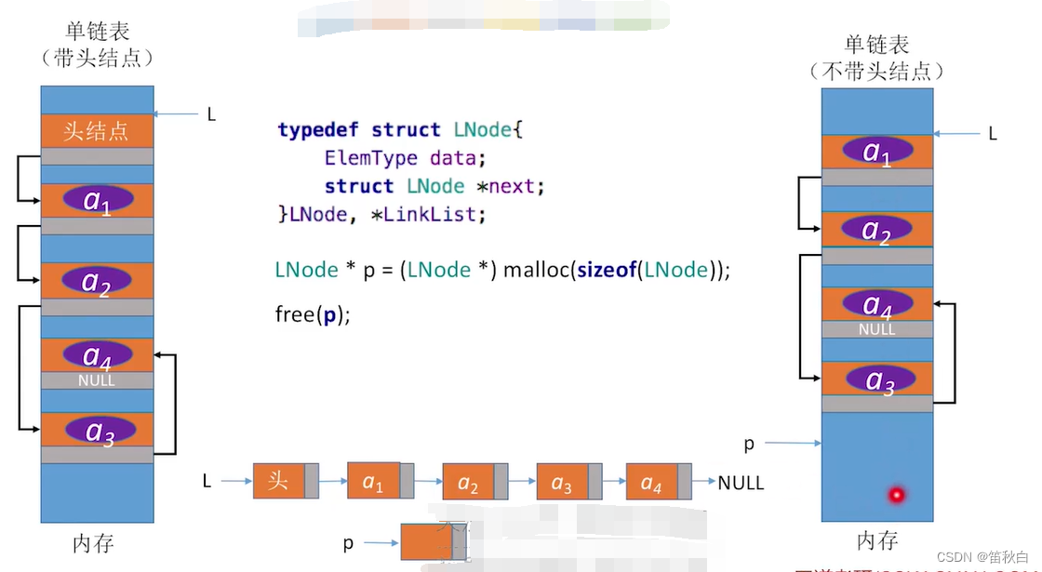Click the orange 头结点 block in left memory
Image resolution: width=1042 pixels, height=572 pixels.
(x=97, y=130)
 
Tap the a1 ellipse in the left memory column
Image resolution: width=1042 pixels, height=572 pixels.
(x=99, y=200)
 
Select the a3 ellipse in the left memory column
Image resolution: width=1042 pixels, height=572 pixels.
(x=99, y=431)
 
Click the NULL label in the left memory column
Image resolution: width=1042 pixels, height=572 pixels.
(x=97, y=380)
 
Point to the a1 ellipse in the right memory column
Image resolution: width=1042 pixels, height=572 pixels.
(x=876, y=152)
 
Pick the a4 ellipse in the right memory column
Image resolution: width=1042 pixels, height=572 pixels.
(x=876, y=304)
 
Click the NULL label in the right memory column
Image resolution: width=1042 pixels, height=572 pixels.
(x=876, y=329)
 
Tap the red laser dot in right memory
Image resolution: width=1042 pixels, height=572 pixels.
(x=896, y=495)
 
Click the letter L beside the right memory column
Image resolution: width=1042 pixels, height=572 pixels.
(x=993, y=134)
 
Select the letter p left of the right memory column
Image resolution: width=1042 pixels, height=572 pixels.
(x=749, y=444)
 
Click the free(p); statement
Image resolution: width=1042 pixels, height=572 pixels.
(x=313, y=314)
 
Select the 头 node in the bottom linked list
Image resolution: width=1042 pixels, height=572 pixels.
(x=279, y=481)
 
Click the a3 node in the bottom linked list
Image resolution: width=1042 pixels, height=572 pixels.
(x=561, y=482)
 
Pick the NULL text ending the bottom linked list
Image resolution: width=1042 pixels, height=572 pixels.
(x=741, y=483)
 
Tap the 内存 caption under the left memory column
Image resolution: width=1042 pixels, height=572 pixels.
(x=93, y=543)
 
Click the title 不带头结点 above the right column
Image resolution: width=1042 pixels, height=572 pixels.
(x=876, y=71)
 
